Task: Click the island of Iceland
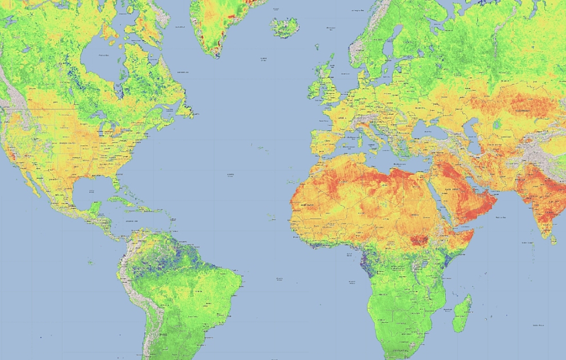[x=284, y=26]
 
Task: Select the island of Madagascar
[x=463, y=313]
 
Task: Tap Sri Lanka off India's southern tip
[x=552, y=239]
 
